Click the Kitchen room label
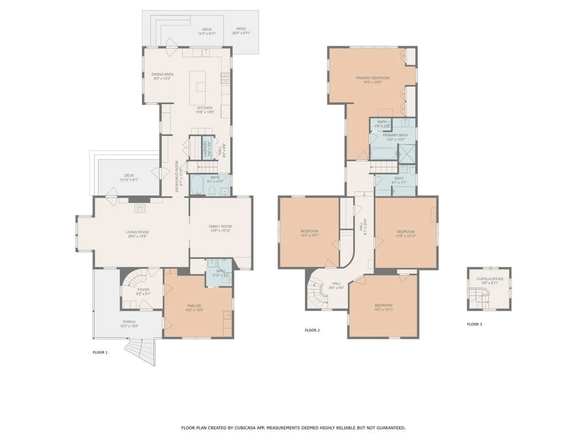[x=205, y=108]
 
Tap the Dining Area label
[x=162, y=74]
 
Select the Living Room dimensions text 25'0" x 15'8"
[x=137, y=236]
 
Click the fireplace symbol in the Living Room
[x=140, y=209]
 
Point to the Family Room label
[x=220, y=226]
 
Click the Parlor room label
[x=194, y=306]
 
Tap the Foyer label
[x=143, y=290]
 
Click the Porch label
[x=129, y=322]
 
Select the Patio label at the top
[x=241, y=29]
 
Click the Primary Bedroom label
[x=372, y=78]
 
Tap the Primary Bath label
[x=395, y=135]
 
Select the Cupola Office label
[x=490, y=279]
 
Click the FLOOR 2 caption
[x=312, y=330]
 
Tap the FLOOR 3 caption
[x=474, y=324]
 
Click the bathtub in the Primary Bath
[x=384, y=153]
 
